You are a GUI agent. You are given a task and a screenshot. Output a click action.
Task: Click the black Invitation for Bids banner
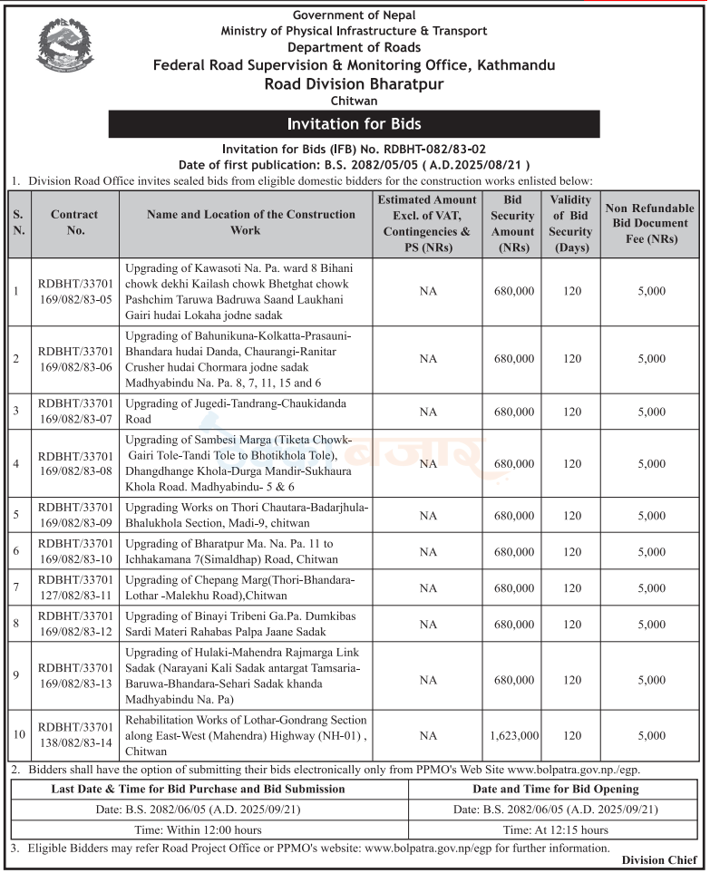pos(354,123)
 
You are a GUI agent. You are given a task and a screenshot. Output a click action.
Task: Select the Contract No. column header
pos(74,223)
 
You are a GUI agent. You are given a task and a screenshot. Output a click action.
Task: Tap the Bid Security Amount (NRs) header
pos(513,223)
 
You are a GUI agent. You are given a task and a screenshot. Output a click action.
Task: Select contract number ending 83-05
pos(74,291)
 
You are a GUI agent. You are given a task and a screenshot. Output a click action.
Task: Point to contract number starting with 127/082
pos(74,588)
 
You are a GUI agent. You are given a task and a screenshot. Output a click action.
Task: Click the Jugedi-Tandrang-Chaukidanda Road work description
pos(237,411)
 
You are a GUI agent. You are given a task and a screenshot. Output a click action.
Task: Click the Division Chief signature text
pos(657,860)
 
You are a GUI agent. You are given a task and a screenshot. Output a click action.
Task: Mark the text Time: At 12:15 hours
pos(556,829)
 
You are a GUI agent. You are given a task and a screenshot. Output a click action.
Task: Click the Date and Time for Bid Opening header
pos(556,790)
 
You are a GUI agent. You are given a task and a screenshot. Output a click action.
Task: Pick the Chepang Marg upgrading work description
pos(239,588)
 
